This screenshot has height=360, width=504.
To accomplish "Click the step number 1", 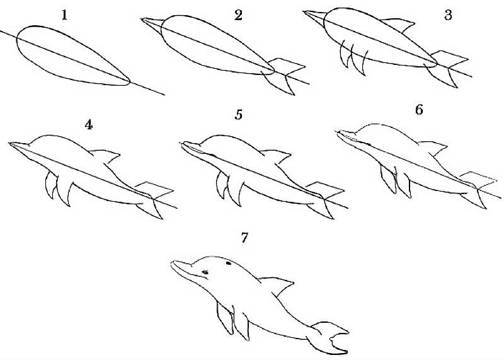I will click(64, 15).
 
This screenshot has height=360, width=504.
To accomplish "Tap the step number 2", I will click(238, 16).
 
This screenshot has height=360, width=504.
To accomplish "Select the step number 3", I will click(448, 15).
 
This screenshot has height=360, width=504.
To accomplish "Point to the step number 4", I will click(89, 124).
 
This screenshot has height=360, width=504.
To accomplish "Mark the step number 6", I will click(419, 110).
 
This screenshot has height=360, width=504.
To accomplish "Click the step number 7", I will click(244, 238).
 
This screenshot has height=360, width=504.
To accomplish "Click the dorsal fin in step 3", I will click(401, 25).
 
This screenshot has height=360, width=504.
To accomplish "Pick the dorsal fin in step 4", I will click(106, 154).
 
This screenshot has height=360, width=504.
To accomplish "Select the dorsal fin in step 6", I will click(432, 148).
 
